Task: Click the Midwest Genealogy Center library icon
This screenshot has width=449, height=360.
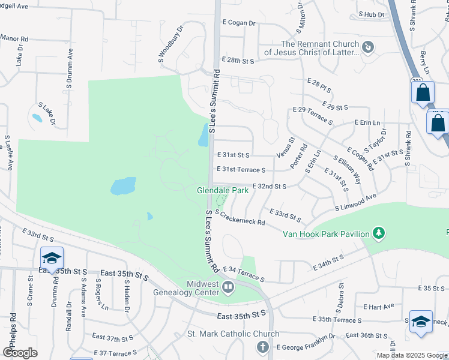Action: (x=228, y=287)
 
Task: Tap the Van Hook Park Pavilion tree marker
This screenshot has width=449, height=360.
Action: (x=378, y=232)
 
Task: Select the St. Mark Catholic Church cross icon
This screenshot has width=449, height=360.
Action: (x=262, y=346)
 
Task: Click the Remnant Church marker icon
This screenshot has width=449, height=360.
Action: (x=369, y=46)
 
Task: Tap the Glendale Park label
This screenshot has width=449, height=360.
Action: (x=223, y=190)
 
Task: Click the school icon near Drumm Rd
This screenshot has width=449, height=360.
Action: (x=52, y=257)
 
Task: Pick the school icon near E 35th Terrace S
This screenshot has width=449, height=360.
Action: (x=421, y=321)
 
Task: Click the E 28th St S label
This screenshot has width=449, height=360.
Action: (x=238, y=61)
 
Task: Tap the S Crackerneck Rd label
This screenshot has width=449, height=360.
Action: (x=240, y=218)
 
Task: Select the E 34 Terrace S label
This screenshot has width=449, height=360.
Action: (x=243, y=274)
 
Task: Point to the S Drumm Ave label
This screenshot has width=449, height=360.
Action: (x=71, y=61)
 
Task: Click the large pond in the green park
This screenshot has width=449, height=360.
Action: (x=123, y=186)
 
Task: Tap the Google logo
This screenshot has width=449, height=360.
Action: (x=20, y=353)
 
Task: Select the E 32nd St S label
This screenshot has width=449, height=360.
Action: (x=269, y=187)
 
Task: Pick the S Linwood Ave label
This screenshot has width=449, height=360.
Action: (x=355, y=202)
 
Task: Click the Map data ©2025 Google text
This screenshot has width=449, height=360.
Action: (x=411, y=355)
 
